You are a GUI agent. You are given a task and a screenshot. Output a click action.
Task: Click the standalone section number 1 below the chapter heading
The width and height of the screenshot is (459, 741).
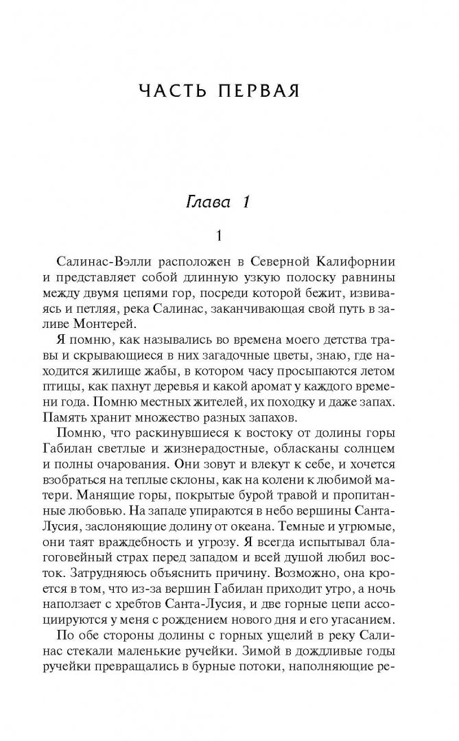tap(219, 236)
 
